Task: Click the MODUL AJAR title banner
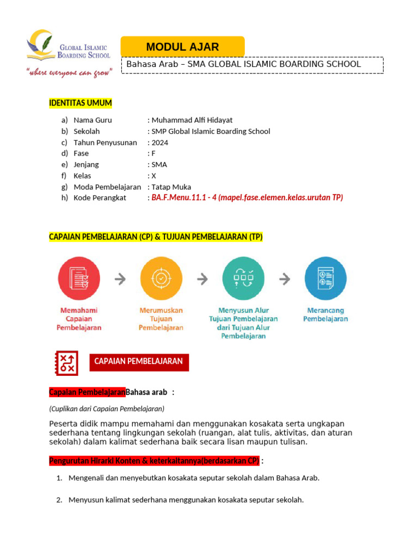(x=182, y=47)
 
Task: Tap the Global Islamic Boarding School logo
(x=69, y=48)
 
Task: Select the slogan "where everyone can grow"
(x=69, y=73)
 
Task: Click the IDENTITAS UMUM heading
(x=81, y=103)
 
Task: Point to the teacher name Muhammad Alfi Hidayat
(x=192, y=120)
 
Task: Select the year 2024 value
(x=160, y=143)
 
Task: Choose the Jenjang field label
(x=86, y=164)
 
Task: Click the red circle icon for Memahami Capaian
(x=79, y=278)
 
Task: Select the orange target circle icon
(x=161, y=278)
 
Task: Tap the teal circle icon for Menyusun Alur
(x=243, y=278)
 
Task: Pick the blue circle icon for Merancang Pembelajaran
(x=325, y=278)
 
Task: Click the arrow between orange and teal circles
(x=202, y=279)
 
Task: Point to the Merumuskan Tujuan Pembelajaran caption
(x=161, y=319)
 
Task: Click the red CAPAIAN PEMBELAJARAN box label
(x=139, y=362)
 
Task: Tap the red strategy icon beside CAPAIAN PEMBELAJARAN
(x=67, y=362)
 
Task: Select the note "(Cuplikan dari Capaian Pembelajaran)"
(x=107, y=409)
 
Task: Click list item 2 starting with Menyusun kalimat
(x=186, y=500)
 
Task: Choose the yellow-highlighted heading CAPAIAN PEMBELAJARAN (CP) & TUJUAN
(x=156, y=237)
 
